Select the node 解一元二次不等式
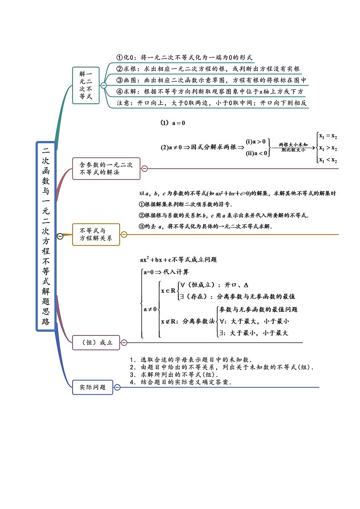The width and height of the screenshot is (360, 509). point(86,85)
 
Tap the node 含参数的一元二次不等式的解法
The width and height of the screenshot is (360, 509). point(106,169)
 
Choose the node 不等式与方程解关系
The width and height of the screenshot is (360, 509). point(96,234)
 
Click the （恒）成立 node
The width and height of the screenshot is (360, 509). point(96,343)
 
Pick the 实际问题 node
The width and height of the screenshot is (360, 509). point(92,387)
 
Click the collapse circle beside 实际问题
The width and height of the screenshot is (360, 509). point(117,387)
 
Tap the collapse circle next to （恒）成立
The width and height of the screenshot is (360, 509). point(124,343)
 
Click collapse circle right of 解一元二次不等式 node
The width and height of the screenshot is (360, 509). point(104,85)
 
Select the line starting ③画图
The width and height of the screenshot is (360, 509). point(211,80)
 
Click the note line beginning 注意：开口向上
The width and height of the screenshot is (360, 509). point(212,103)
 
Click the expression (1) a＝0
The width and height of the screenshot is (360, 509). point(173,123)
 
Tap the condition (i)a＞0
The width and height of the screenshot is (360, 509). point(256,141)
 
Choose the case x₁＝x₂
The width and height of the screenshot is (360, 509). point(328,136)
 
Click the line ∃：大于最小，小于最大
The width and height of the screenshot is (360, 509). point(253,333)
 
